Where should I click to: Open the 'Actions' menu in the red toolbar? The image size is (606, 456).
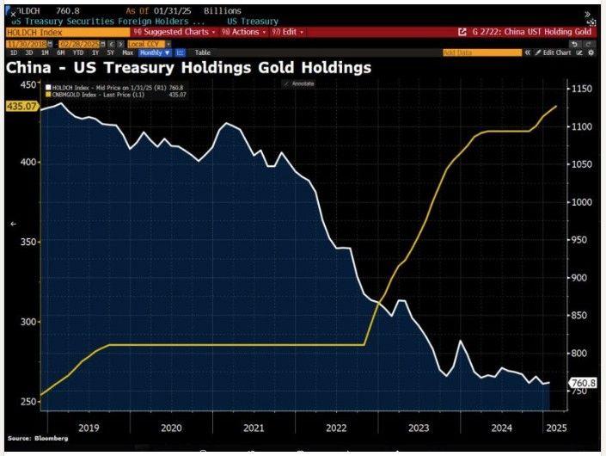pos(240,31)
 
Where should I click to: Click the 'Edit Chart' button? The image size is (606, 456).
pos(556,52)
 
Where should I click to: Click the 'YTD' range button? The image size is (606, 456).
pos(78,52)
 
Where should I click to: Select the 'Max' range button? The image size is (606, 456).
pos(128,52)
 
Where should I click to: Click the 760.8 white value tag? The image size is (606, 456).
pos(582,383)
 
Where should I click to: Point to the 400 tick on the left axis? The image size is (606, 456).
pos(27,163)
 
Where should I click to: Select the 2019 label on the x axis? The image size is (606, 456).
pos(89,427)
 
